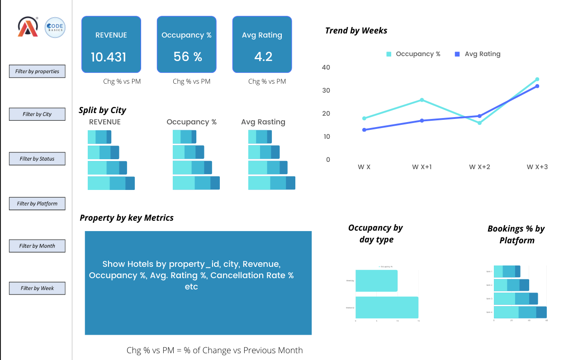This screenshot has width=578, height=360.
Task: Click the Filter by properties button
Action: [x=37, y=71]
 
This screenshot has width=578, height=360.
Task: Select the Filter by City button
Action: [x=37, y=114]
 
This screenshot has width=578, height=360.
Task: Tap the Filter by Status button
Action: [x=37, y=159]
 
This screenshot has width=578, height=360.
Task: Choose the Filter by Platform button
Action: [x=37, y=204]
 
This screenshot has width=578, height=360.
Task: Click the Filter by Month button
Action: [x=37, y=246]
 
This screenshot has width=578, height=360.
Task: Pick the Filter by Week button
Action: [x=37, y=288]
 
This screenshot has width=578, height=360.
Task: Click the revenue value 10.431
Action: [x=109, y=57]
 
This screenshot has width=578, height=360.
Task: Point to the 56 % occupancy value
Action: [x=187, y=57]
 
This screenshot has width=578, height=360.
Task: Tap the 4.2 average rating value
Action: [x=263, y=57]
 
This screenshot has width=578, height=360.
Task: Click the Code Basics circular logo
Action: [x=55, y=28]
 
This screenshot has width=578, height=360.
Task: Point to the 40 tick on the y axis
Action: [x=326, y=67]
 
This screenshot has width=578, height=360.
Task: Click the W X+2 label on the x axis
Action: [x=479, y=167]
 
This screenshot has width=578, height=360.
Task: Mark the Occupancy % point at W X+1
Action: [x=422, y=100]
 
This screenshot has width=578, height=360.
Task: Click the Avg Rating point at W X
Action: [x=364, y=130]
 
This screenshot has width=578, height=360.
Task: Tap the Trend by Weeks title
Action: [x=356, y=31]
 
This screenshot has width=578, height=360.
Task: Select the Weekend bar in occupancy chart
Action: [x=387, y=307]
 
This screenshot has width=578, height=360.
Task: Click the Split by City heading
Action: [x=102, y=110]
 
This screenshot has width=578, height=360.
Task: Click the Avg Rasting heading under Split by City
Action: [x=263, y=122]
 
